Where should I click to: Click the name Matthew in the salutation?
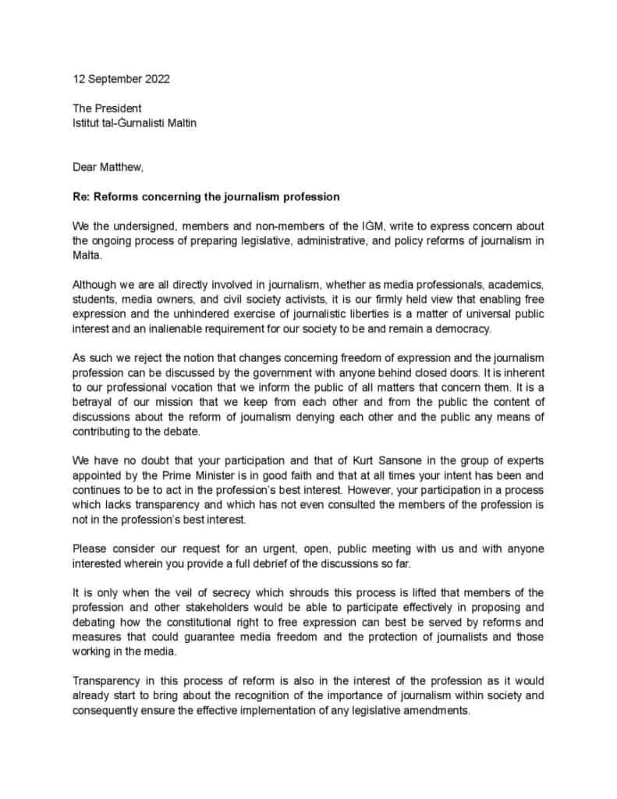[x=122, y=166]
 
